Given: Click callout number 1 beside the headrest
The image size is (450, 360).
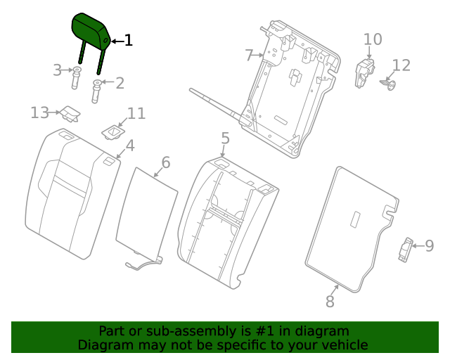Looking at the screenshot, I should [128, 41].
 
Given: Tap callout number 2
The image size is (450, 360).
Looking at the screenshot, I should [120, 84].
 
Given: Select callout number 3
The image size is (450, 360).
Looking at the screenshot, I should [58, 70].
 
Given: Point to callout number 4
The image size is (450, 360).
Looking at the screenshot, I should [129, 147].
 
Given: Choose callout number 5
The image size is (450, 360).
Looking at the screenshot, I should [225, 139].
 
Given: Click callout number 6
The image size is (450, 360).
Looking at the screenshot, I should [165, 163].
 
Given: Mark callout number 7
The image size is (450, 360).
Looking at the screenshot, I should [249, 55].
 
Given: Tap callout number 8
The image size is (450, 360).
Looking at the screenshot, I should [330, 302].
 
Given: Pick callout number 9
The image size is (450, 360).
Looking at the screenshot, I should [429, 245].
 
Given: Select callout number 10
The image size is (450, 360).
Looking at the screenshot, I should [373, 39].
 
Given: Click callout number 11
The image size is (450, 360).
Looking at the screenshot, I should [136, 113].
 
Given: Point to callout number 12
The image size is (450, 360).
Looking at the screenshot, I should [401, 65].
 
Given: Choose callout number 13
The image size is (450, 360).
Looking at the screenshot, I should [39, 112].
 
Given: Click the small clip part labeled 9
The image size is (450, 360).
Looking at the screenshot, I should [406, 249].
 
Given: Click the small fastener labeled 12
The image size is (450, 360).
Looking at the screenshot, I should [387, 85].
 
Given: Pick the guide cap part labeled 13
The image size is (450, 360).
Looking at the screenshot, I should [69, 112].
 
